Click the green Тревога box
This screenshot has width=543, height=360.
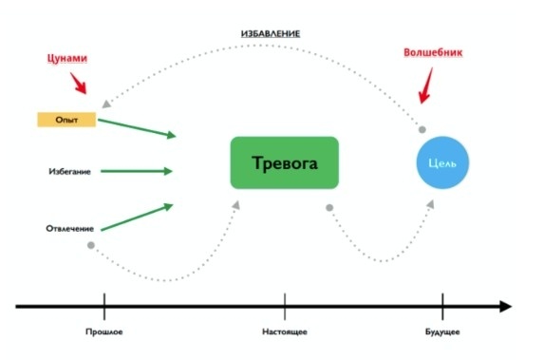coord(285,162)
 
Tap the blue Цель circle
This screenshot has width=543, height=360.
coord(442,163)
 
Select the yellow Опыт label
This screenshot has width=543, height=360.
coord(66,120)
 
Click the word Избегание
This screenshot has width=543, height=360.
coord(68,172)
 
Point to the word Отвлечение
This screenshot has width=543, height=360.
coord(69,229)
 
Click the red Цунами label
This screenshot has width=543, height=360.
coord(67,58)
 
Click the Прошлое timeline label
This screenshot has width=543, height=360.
coord(103,332)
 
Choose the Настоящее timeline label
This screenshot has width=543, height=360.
coord(285,332)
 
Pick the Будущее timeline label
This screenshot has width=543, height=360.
coord(441,332)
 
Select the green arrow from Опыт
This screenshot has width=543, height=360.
coord(137,127)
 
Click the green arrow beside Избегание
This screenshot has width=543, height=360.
coord(137,172)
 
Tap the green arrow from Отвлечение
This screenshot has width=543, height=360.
coord(137,217)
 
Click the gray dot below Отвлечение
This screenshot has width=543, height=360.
coord(91,246)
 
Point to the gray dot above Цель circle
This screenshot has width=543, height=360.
coord(422,129)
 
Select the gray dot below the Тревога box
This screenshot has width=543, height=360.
coord(329,207)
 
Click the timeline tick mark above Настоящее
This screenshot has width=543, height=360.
coord(285,306)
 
